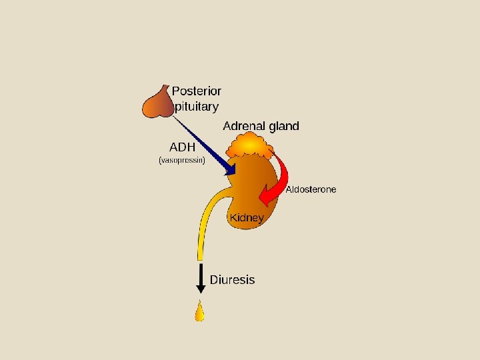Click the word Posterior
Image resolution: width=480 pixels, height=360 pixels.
point(197,91)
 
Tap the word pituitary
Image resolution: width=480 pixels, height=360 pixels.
point(196,105)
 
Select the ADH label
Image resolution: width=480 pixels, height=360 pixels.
point(183,146)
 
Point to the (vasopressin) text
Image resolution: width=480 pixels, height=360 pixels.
point(182,161)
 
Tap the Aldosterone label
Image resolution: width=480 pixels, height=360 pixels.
point(311,189)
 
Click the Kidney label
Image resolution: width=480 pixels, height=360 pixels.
point(247,217)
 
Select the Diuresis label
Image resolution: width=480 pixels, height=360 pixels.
point(232,279)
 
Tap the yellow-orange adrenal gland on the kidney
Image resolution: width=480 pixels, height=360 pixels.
point(248,144)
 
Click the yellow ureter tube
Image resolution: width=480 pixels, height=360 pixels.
point(203,220)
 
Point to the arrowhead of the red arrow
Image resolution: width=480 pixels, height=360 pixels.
point(265,198)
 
